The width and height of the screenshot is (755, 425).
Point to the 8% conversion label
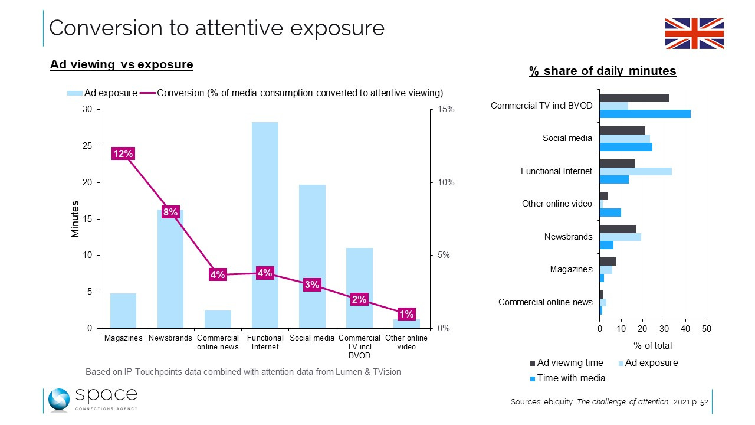tap(170, 212)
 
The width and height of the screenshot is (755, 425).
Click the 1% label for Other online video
tap(406, 313)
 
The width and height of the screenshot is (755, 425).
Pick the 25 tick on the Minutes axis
tap(87, 146)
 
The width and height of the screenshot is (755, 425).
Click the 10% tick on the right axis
tap(445, 182)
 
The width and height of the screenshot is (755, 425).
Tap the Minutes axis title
tap(75, 219)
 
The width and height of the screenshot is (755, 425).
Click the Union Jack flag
tap(694, 34)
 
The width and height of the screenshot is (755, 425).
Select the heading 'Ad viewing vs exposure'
tap(122, 64)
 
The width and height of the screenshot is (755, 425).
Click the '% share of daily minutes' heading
tap(602, 71)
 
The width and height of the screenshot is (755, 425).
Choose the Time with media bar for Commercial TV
tap(645, 114)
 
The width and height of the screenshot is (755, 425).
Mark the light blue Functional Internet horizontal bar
tap(635, 171)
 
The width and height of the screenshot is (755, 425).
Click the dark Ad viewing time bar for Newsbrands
tap(618, 228)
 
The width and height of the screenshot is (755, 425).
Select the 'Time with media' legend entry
tap(571, 378)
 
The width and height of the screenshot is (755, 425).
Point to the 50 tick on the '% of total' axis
tap(707, 329)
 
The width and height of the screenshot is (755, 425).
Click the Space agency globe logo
tap(60, 400)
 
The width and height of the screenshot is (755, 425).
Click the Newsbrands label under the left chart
tap(170, 338)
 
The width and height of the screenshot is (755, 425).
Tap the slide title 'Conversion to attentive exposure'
tap(216, 28)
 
